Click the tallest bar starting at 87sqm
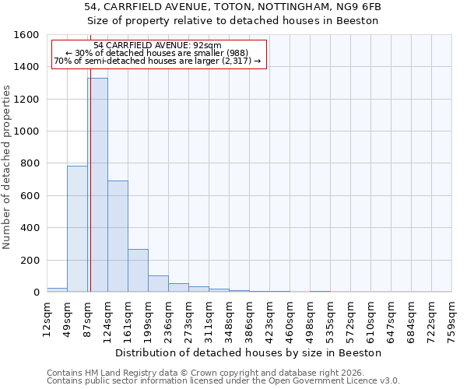coord(97,185)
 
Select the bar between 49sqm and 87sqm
coord(77,229)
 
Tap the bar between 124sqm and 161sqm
coord(118,237)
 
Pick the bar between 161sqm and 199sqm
coord(138,271)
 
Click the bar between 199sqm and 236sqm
coord(158,284)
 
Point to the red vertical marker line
coord(90,194)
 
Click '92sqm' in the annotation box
coord(211,45)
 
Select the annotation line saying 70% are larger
coord(157,61)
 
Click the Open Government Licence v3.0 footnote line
coord(223,381)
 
